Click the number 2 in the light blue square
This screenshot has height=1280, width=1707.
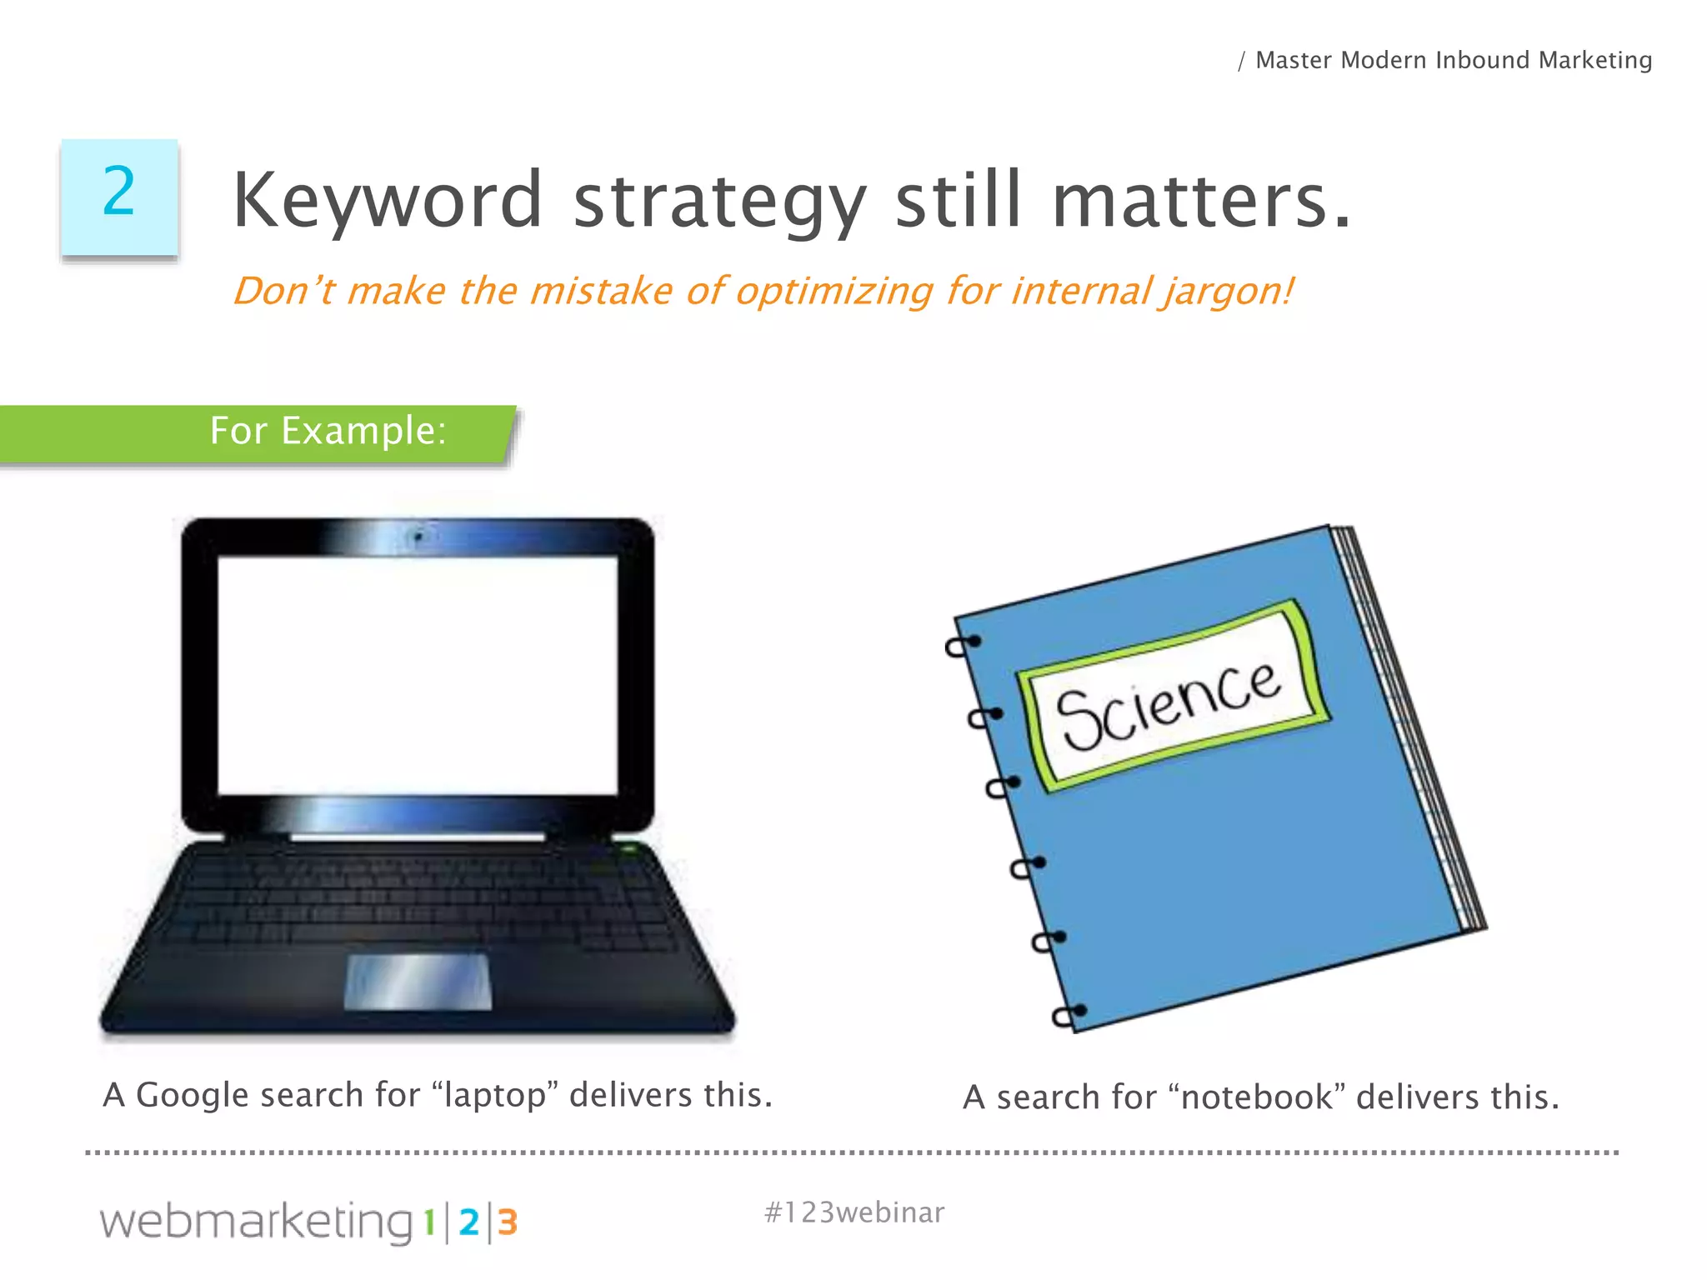[x=119, y=192]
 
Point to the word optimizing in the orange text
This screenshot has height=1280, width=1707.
[x=833, y=292]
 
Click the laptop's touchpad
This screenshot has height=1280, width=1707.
[x=418, y=982]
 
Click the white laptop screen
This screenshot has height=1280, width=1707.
[x=418, y=675]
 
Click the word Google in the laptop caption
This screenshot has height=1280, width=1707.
[x=191, y=1095]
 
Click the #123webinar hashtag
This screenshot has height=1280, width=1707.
[x=854, y=1212]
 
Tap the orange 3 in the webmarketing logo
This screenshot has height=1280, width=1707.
[x=508, y=1222]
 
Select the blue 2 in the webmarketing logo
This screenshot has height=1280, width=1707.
[x=468, y=1222]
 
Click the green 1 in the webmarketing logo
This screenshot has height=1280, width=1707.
[x=429, y=1222]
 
